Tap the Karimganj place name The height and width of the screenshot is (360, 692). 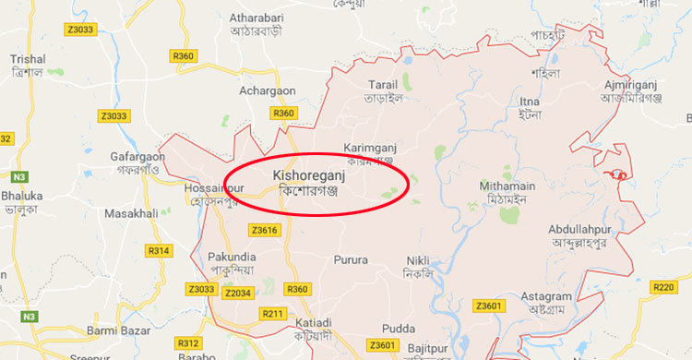coord(368,148)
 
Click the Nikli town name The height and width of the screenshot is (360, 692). coord(418,260)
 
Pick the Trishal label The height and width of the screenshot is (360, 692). coord(28,59)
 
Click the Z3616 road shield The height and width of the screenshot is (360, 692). coord(263,229)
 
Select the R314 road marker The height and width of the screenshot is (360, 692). coord(159,251)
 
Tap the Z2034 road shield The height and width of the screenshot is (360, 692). coord(238,292)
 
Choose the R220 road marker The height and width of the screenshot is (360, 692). coord(664,287)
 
